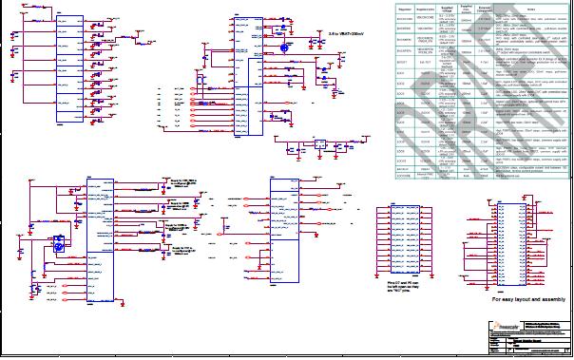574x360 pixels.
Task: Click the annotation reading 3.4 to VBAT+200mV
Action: pos(347,34)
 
